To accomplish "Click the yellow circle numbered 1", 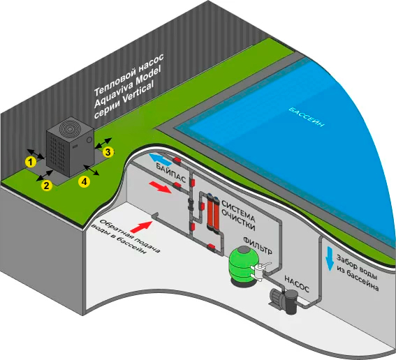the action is point(31,162).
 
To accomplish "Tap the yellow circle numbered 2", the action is point(47,186).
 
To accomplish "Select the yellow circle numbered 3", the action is point(108,152).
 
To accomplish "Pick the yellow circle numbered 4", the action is point(84,181).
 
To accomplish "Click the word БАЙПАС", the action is point(170,173).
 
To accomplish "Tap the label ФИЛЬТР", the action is point(258,246).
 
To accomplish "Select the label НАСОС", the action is point(297,283).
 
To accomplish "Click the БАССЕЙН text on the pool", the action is point(307,117).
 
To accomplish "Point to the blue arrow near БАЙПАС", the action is point(160,159).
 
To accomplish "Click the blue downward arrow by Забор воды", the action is point(330,258).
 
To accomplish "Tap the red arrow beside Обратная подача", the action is point(142,227).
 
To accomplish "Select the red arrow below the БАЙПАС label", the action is point(160,187).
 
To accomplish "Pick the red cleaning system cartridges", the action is point(213,211).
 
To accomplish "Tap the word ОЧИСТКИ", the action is point(238,223).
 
